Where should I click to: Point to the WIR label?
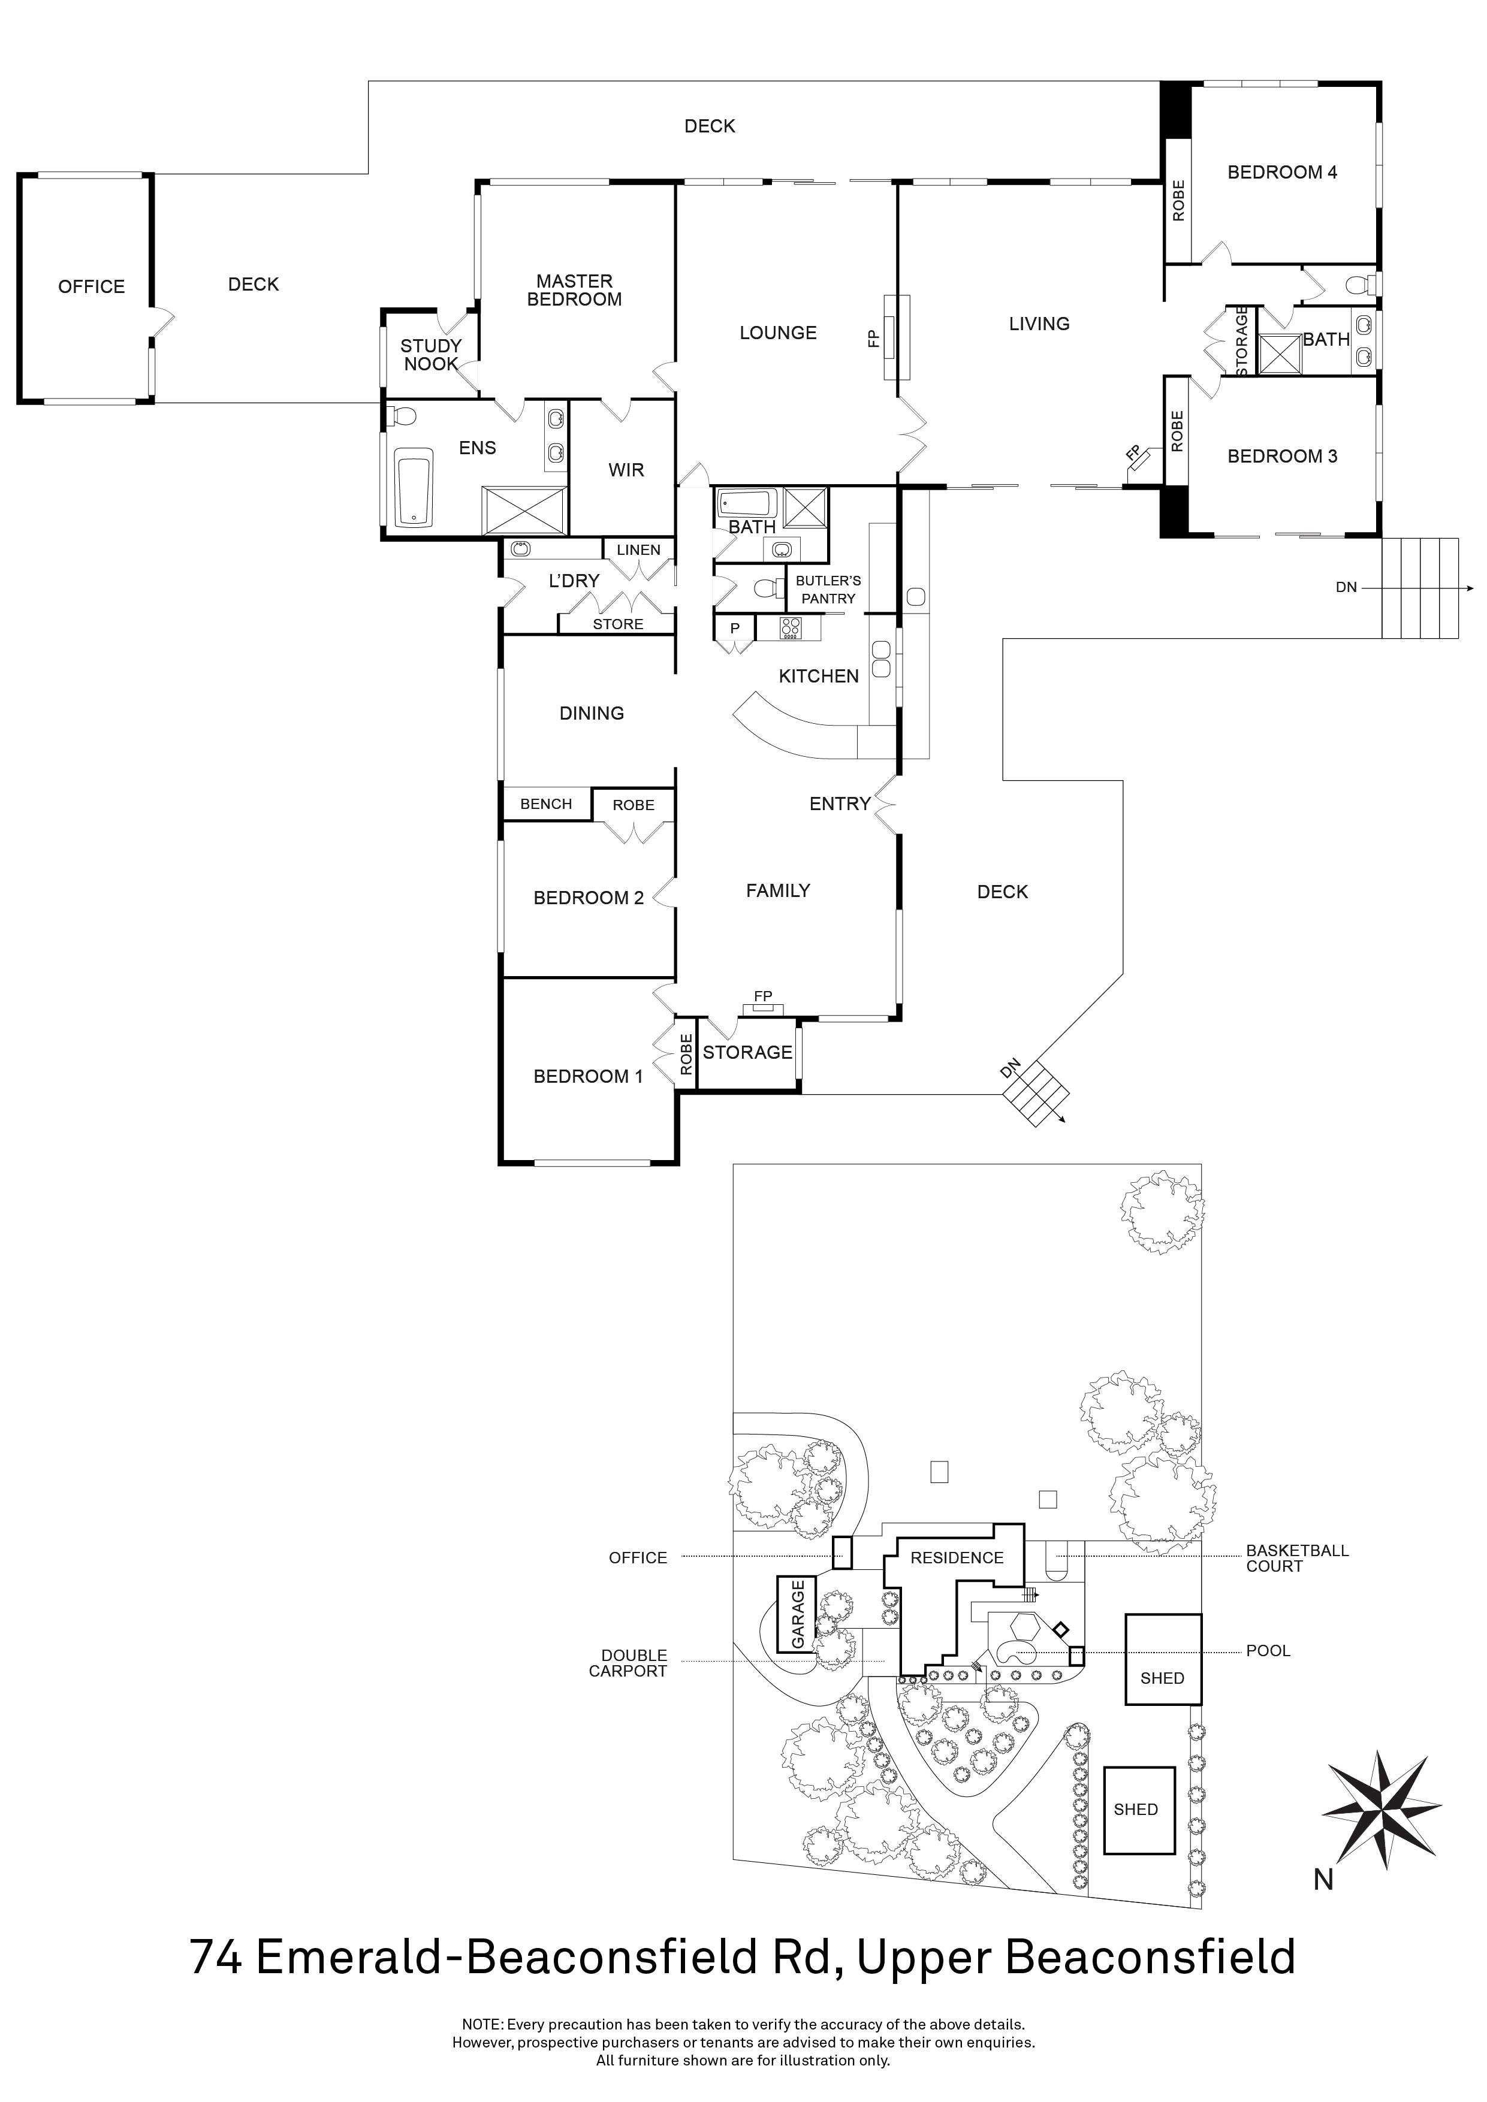[626, 470]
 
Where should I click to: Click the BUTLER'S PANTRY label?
[828, 590]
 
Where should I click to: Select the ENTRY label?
[840, 804]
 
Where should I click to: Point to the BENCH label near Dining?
[546, 804]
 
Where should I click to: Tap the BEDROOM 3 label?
[1282, 456]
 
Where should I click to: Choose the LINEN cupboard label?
[638, 550]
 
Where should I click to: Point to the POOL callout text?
[1268, 1651]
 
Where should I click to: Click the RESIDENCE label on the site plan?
[957, 1557]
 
